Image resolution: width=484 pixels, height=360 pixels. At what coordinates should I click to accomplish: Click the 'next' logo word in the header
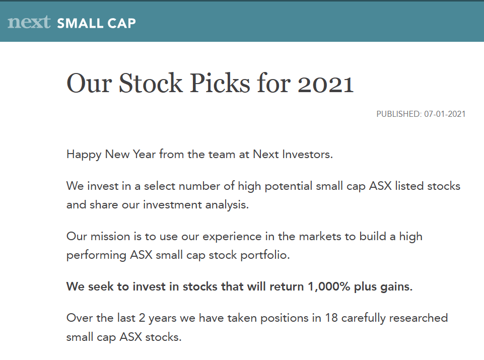tap(29, 22)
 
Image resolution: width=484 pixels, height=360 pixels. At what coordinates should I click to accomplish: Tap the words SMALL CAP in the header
tap(96, 24)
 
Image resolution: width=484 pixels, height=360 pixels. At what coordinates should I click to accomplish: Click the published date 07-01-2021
tap(445, 114)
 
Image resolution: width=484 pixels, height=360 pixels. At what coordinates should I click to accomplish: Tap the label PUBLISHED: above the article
tap(399, 114)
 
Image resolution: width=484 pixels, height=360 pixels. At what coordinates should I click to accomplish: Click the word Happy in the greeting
tap(84, 155)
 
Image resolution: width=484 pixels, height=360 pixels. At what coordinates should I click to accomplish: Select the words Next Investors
tap(293, 154)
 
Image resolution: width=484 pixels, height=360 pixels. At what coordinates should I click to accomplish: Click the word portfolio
tap(265, 255)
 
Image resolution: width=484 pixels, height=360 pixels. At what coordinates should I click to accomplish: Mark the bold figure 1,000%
tap(329, 287)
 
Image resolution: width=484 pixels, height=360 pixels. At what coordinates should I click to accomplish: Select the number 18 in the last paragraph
tap(331, 318)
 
